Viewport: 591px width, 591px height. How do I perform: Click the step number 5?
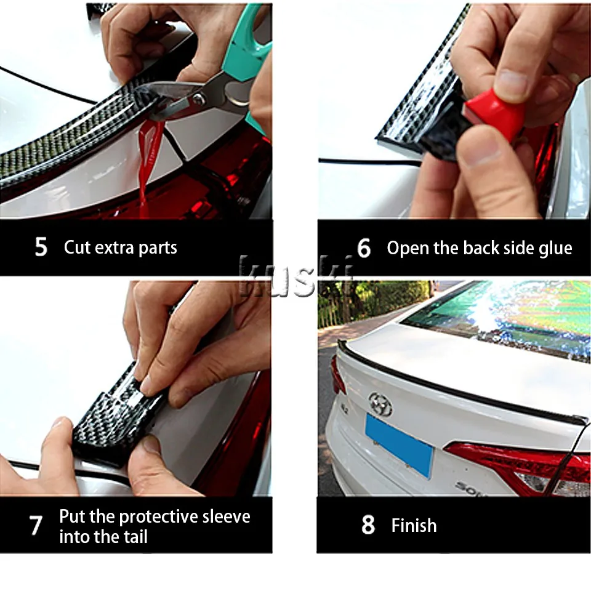click(41, 247)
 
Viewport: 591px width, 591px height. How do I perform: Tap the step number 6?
click(364, 248)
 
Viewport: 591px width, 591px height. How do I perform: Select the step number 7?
click(36, 525)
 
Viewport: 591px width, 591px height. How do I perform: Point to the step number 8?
click(368, 525)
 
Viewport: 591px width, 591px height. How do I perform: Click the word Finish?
click(414, 525)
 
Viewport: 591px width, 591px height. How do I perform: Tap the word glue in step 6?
click(555, 249)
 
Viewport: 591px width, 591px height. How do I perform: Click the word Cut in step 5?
click(78, 247)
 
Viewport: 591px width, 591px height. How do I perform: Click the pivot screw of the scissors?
click(199, 98)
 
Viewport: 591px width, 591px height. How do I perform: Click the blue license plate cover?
click(399, 444)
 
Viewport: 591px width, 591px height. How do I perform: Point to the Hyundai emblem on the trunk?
click(380, 404)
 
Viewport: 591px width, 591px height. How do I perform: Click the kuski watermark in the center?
click(297, 276)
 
